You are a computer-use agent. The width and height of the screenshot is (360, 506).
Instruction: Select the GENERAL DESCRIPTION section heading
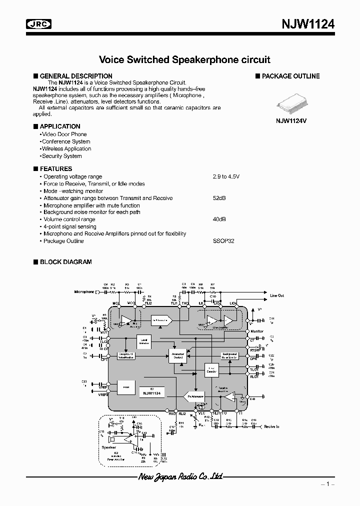coord(76,76)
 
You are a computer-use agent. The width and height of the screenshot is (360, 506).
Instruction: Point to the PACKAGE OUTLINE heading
coord(291,76)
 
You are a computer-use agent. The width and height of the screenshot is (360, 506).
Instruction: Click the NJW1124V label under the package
coord(291,121)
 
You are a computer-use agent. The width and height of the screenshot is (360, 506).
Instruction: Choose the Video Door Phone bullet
coord(64,134)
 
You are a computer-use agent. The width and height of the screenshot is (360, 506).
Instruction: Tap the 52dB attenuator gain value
coord(219,198)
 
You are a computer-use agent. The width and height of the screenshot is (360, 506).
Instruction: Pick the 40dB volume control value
coord(219,219)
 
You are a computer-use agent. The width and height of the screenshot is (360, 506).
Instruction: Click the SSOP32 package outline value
coord(223,241)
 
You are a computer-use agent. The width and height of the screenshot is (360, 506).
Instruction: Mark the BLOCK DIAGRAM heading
coord(65,261)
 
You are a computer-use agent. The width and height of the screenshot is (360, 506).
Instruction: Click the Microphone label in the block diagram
coord(84,291)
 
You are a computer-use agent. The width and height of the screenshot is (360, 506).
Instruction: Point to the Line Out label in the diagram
coord(277,295)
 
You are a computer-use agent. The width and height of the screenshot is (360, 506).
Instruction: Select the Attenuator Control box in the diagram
coord(178,355)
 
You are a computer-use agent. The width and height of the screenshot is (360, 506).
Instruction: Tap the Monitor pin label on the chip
coord(256,331)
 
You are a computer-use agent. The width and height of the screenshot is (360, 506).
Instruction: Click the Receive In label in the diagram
coord(271,427)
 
